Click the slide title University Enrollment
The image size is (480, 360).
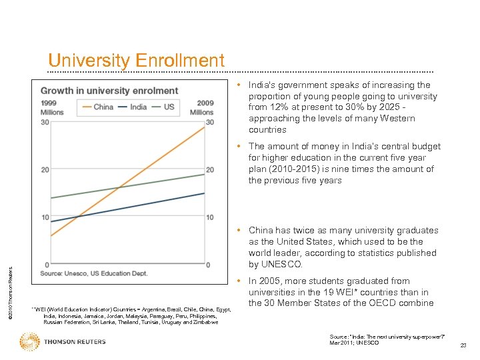[136, 61]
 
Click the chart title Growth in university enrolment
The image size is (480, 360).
[109, 91]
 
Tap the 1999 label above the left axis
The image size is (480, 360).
[49, 103]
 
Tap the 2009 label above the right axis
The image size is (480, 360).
[205, 103]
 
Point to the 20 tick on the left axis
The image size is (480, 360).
[45, 170]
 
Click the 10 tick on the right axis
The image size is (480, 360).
[209, 217]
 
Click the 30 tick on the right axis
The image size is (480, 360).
[209, 122]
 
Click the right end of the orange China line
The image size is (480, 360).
[204, 127]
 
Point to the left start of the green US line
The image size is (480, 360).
[52, 198]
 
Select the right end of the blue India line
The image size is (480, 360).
[204, 193]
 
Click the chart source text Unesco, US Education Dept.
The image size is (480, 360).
[93, 273]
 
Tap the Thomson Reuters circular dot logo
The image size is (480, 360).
[30, 342]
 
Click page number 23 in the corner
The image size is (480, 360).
[463, 345]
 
